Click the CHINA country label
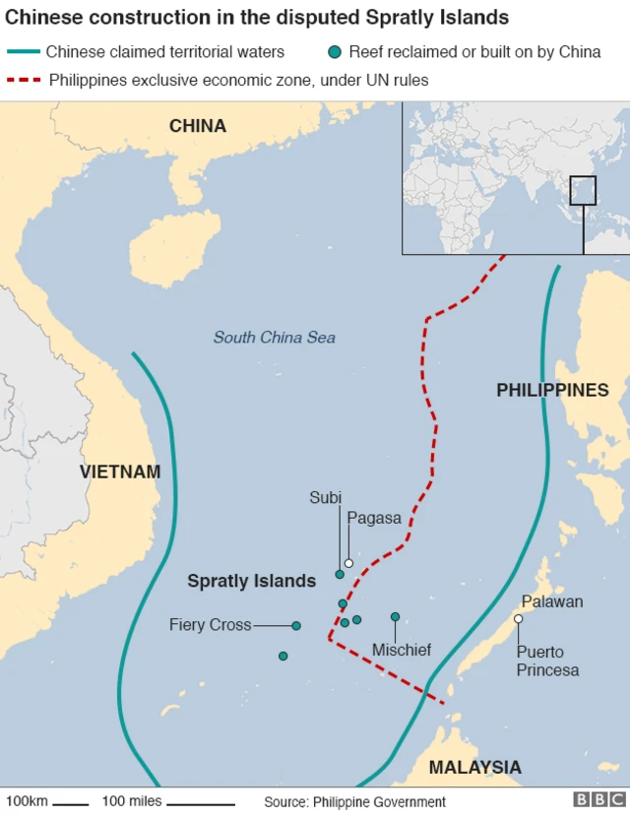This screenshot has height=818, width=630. pos(197,126)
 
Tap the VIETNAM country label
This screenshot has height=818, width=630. pos(119,472)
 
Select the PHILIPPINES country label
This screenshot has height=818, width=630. pos(552,391)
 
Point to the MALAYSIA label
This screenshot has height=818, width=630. pos(474,767)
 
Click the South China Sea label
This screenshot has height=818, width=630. pos(274,338)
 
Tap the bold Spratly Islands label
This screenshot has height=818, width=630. pos(251,581)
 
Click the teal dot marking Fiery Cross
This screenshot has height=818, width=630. pos(296,625)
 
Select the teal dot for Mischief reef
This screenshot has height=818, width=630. pos(395,617)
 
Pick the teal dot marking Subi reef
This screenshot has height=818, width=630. pos(340,574)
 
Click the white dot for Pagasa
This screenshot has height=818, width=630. pos(348,563)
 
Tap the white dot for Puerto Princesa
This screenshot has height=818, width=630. pos(518,619)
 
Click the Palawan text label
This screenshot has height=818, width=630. pos(552,601)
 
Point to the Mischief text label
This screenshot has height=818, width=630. pos(401,650)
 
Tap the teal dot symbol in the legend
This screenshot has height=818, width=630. pos(338,52)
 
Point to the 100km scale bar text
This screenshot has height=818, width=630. pos(27,801)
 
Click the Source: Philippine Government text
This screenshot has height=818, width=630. pos(354,801)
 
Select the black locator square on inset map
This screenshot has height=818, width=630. pos(583,190)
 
